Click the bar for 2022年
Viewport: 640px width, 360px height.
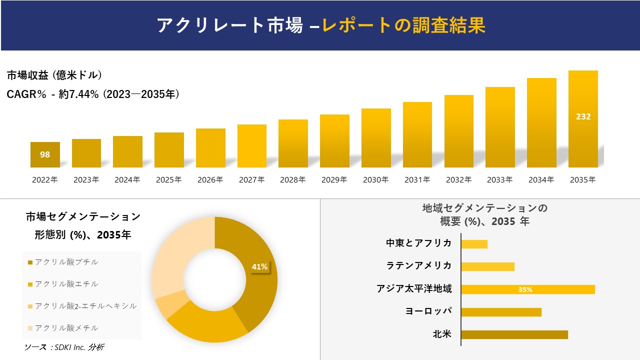[x=45, y=154]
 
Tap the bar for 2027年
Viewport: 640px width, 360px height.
[x=252, y=146]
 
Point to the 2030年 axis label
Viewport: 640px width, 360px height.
[x=376, y=180]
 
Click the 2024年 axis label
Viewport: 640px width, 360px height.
[x=127, y=180]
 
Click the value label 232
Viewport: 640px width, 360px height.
[x=583, y=116]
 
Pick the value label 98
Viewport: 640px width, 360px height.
[x=45, y=154]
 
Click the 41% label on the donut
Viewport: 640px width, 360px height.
[x=259, y=267]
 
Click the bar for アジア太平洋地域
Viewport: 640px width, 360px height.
[x=527, y=289]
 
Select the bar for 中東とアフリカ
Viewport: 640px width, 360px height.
[x=474, y=244]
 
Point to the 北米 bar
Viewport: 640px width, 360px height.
[x=514, y=334]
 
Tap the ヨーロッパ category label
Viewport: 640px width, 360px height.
[x=428, y=311]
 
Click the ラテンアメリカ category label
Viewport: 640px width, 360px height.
[x=419, y=265]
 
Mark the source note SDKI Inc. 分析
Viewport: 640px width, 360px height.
[x=64, y=347]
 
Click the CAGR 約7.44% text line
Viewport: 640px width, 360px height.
[x=93, y=94]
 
